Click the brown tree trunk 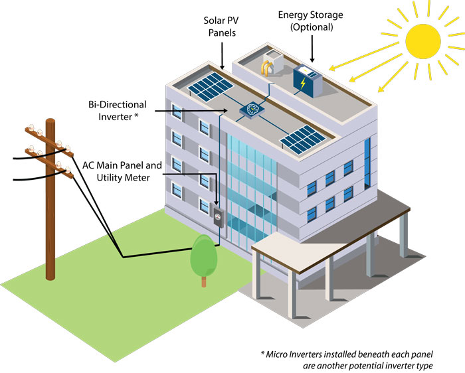[x=204, y=281]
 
